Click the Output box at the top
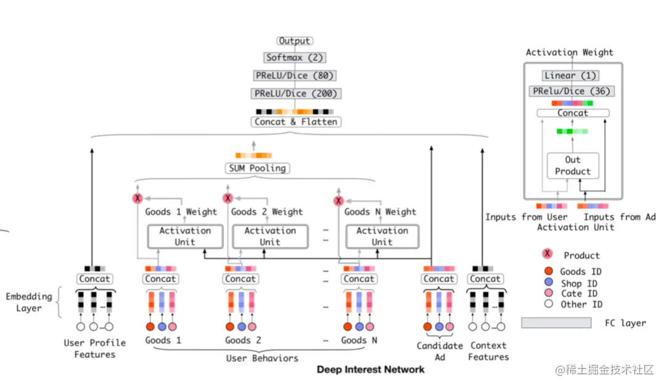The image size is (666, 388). point(295,41)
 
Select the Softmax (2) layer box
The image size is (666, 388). point(295,57)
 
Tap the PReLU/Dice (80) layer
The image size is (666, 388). point(295,76)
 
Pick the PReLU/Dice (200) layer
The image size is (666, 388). point(295,94)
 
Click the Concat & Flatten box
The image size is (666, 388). point(295,122)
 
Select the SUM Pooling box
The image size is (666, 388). point(257,168)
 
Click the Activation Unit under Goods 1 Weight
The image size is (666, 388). point(185,236)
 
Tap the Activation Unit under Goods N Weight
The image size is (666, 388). point(382,236)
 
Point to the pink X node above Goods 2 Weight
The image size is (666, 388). point(228,198)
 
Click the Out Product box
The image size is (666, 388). point(572,166)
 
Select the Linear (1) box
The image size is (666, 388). point(570,76)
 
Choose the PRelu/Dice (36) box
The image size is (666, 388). point(571,91)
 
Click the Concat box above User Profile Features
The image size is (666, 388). point(94,279)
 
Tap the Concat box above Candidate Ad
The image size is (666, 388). point(439,279)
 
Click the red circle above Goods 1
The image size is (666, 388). point(150,327)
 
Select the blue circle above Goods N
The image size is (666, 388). point(360,327)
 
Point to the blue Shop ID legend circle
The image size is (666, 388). point(549,282)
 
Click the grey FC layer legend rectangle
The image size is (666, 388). point(556,323)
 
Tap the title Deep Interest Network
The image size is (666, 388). point(371,369)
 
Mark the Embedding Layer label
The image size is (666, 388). point(29,302)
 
